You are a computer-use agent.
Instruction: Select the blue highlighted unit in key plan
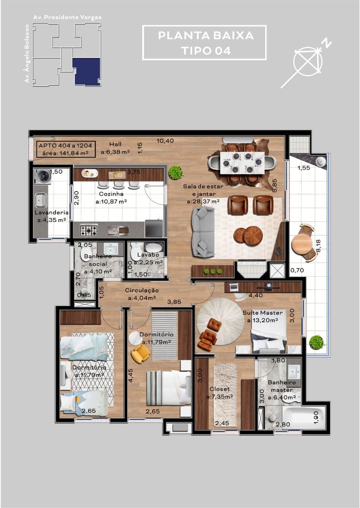pyautogui.click(x=87, y=71)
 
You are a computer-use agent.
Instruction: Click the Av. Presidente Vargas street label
pyautogui.click(x=67, y=17)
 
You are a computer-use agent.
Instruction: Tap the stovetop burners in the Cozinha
pyautogui.click(x=89, y=230)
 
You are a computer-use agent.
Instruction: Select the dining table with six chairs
pyautogui.click(x=242, y=162)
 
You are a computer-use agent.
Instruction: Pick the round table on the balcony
pyautogui.click(x=302, y=243)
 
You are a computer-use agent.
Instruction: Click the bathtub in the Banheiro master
pyautogui.click(x=304, y=417)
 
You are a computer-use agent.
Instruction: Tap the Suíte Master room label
pyautogui.click(x=263, y=313)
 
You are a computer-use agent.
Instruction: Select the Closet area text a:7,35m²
pyautogui.click(x=219, y=396)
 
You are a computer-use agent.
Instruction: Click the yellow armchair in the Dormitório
pyautogui.click(x=140, y=353)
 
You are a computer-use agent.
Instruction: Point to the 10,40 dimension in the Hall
pyautogui.click(x=165, y=140)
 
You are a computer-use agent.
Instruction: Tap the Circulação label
pyautogui.click(x=142, y=291)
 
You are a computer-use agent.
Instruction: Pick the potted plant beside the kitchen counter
pyautogui.click(x=175, y=172)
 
